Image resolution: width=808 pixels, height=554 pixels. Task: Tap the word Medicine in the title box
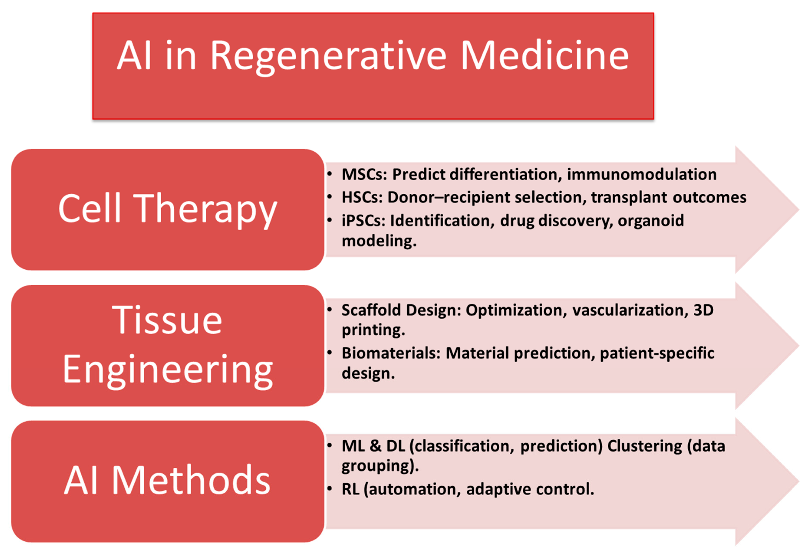pos(545,55)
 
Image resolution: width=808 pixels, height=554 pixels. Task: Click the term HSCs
pos(362,197)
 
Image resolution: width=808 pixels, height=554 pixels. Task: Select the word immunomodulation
pos(642,174)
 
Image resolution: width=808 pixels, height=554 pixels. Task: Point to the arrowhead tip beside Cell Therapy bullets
pos(799,210)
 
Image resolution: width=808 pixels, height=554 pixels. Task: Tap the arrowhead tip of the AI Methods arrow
pos(799,481)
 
